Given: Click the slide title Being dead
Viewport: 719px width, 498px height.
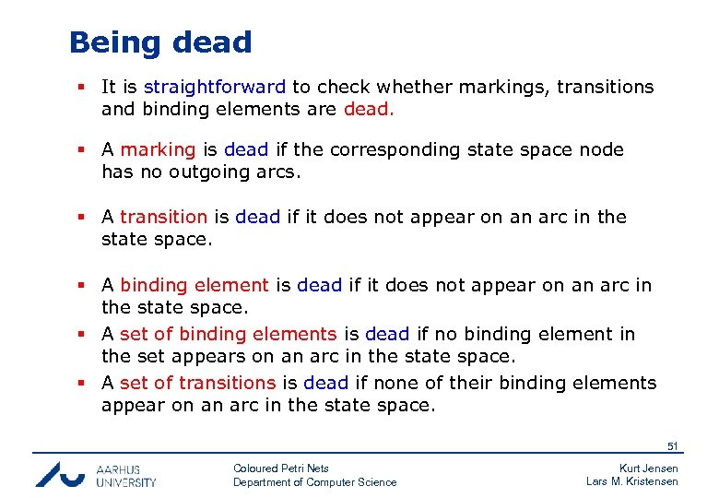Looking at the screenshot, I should click(x=160, y=42).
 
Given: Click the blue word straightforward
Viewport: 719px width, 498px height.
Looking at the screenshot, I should click(x=214, y=88).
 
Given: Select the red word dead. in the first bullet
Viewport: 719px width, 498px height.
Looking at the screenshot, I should click(x=369, y=110).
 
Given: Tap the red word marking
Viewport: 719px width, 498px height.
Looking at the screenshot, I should click(x=158, y=149).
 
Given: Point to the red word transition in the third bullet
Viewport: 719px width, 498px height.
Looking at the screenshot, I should click(x=163, y=217).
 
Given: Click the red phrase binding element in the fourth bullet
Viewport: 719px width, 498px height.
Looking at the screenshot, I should click(x=194, y=286).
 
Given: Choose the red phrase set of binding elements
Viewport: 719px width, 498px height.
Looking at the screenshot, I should click(x=229, y=334).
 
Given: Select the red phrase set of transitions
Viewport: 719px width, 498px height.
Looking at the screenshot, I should click(x=198, y=383).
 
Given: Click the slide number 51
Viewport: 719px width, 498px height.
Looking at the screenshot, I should click(x=672, y=446).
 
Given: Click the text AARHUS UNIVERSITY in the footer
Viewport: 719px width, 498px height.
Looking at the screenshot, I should click(x=126, y=475).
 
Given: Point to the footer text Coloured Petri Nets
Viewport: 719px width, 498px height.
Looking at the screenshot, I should click(x=280, y=468).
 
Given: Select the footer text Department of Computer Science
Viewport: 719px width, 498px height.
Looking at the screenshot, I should click(x=314, y=482).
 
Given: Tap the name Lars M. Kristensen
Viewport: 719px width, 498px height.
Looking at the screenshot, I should click(x=631, y=481).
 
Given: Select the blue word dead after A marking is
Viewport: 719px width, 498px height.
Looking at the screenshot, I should click(x=245, y=149).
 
